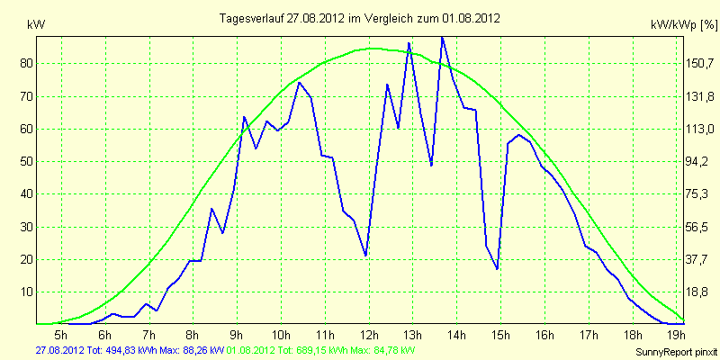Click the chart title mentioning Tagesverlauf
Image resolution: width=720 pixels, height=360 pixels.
(359, 18)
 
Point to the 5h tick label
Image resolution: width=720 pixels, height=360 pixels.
(61, 334)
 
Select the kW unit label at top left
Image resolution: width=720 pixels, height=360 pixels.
(36, 26)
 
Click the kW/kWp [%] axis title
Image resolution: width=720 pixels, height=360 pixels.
(684, 26)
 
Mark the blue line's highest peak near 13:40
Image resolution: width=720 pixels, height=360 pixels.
(442, 38)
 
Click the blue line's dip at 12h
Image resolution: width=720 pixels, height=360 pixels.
(365, 256)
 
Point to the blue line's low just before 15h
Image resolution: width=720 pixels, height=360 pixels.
(497, 268)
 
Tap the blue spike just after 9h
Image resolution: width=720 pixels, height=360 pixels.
(244, 117)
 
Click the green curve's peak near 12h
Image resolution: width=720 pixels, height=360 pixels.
(373, 49)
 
